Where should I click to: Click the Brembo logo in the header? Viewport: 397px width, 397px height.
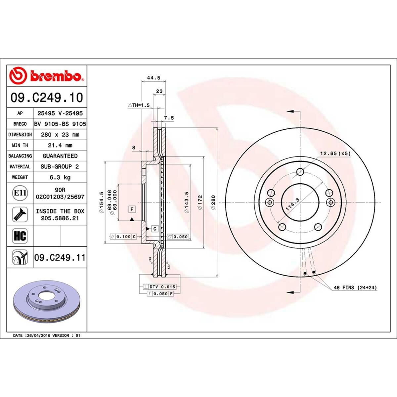(x=47, y=76)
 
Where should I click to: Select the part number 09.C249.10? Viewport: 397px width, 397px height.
(x=47, y=98)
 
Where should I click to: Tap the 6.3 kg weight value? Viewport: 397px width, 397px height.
(x=60, y=177)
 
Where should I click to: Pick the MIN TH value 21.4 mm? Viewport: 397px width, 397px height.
(x=60, y=145)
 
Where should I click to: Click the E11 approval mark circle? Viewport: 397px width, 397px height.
(x=20, y=193)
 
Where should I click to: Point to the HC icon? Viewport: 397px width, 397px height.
(x=20, y=236)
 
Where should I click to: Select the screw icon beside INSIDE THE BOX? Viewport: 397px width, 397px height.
(x=20, y=214)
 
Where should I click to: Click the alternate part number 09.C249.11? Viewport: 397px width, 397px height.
(x=60, y=257)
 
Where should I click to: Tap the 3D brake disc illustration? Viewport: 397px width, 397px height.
(x=46, y=302)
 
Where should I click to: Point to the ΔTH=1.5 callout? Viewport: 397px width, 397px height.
(x=139, y=105)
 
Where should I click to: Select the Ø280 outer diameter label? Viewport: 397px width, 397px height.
(x=213, y=202)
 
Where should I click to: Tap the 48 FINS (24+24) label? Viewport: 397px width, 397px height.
(x=355, y=288)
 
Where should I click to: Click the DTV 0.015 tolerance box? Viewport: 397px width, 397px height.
(x=159, y=287)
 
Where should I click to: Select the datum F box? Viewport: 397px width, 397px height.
(x=132, y=209)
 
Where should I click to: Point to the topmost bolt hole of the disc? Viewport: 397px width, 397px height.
(x=300, y=171)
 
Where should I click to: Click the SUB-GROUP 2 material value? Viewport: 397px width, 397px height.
(x=60, y=167)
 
